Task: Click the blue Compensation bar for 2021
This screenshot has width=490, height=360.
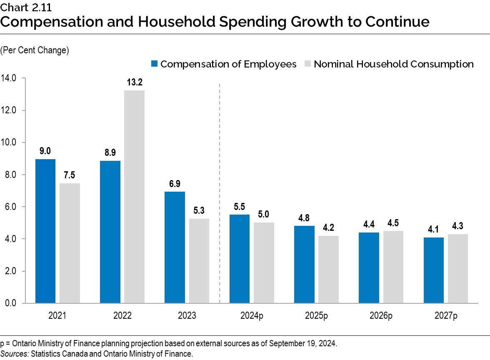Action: [45, 231]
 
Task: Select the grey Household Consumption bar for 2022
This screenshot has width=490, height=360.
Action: [134, 196]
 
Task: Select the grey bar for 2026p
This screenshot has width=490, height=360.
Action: [393, 267]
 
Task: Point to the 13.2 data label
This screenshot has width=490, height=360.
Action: [134, 82]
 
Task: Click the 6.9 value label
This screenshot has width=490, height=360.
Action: [175, 184]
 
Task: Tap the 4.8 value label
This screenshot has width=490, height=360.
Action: [304, 218]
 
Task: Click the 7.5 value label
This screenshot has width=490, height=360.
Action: [70, 175]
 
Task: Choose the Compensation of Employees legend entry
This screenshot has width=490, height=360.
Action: [224, 64]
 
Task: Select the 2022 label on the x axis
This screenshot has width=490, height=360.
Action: [122, 316]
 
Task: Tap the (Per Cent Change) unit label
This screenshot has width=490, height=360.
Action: [35, 50]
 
